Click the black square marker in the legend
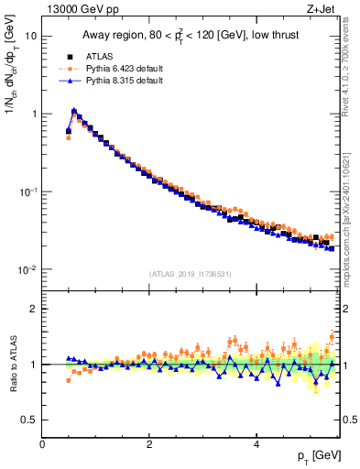[70, 55]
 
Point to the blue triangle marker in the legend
[70, 81]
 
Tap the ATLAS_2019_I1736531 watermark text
[190, 274]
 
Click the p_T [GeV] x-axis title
[315, 455]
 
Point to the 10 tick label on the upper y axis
[31, 36]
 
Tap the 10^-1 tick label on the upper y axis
[28, 191]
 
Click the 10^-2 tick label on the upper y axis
[28, 269]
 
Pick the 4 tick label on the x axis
[256, 443]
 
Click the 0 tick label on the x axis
[42, 443]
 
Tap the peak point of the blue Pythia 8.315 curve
[74, 111]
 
